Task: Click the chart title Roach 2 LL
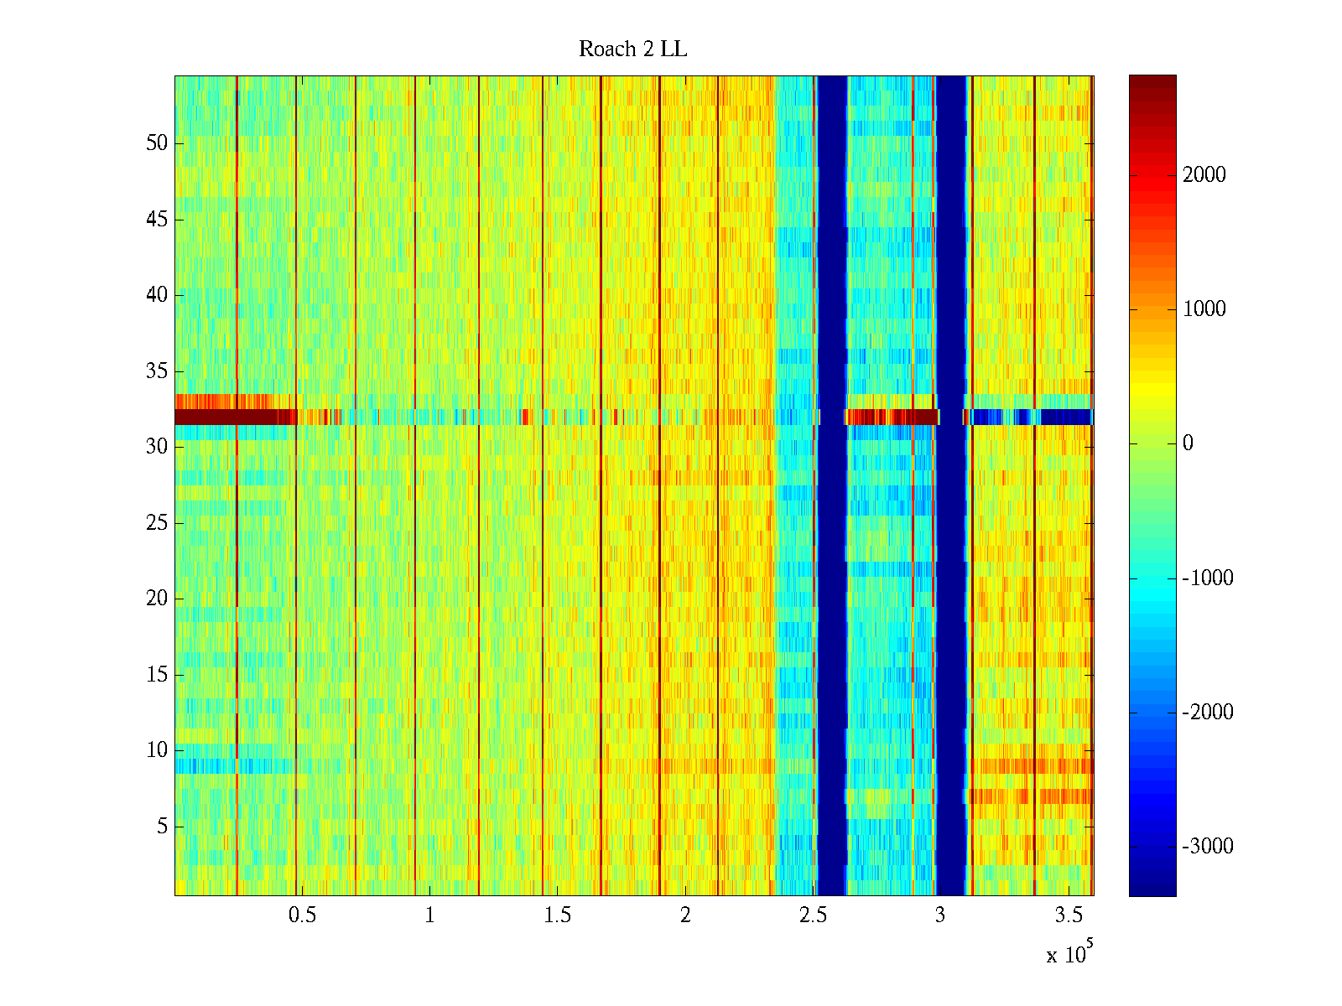click(x=632, y=49)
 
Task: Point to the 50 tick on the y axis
click(x=157, y=143)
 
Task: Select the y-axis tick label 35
click(x=157, y=371)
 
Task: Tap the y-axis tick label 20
click(x=157, y=599)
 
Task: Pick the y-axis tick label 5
click(x=162, y=827)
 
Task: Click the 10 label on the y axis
click(x=157, y=750)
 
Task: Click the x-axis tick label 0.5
click(x=302, y=915)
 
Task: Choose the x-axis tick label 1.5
click(x=557, y=915)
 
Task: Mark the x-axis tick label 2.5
click(x=812, y=915)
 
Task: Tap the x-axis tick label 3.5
click(x=1068, y=915)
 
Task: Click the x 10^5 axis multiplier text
click(x=1069, y=953)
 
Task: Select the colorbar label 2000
click(x=1204, y=175)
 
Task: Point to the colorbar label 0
click(x=1188, y=443)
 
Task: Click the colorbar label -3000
click(x=1208, y=847)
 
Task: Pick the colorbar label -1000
click(x=1208, y=578)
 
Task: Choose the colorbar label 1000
click(x=1204, y=309)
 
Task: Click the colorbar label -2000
click(x=1208, y=713)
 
